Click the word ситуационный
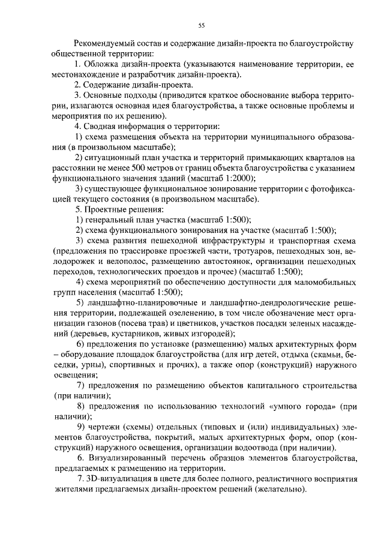pyautogui.click(x=111, y=157)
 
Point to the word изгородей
pyautogui.click(x=211, y=334)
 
